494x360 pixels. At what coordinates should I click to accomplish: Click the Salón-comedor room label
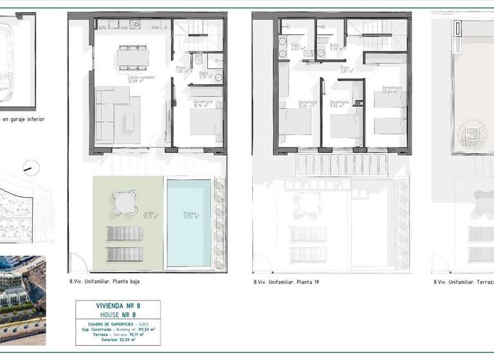134,78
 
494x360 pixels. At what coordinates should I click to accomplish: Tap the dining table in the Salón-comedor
133,58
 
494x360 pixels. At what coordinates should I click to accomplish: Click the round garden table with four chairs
125,203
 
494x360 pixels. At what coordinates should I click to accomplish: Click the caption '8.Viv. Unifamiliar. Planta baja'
104,282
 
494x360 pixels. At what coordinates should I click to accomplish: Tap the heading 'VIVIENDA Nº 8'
118,307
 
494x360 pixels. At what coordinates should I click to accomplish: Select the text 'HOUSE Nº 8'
118,314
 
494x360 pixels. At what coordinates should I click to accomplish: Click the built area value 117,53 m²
145,328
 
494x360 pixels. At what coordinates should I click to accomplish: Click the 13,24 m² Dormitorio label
392,89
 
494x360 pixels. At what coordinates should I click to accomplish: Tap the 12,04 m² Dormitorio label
307,104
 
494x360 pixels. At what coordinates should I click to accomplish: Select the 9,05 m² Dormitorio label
340,104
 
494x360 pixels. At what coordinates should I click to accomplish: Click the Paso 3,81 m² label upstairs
345,69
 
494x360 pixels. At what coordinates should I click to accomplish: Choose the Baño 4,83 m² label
297,47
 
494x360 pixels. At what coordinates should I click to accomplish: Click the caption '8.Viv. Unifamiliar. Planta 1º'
286,282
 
